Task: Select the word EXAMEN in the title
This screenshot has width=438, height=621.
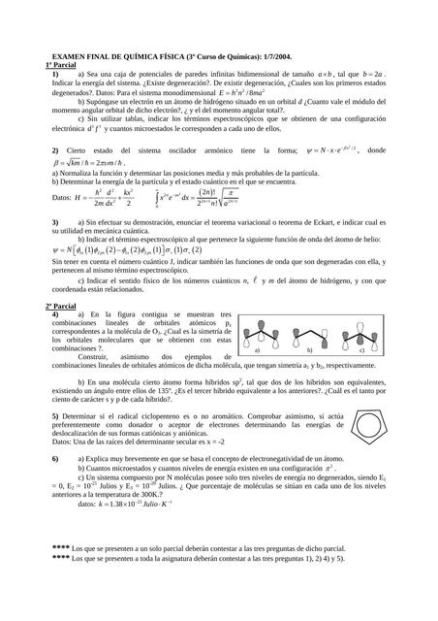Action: tap(69, 55)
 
